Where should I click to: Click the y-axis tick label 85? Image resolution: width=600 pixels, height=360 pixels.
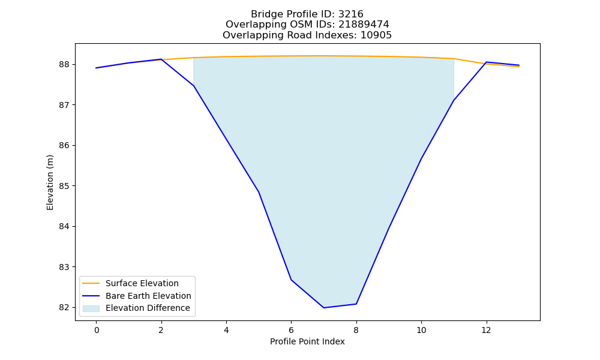[64, 186]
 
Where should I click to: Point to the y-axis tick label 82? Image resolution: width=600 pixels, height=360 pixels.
[64, 308]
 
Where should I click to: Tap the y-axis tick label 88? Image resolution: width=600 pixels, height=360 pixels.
[64, 64]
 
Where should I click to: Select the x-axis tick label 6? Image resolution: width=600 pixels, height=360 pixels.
[291, 330]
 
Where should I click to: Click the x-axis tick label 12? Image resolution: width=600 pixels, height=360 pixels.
[486, 330]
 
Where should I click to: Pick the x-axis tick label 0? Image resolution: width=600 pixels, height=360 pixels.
[97, 330]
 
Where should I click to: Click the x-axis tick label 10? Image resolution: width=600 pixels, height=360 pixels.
[421, 330]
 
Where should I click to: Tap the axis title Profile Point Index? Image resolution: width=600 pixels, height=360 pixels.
[307, 341]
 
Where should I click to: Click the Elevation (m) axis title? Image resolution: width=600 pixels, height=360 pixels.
[50, 182]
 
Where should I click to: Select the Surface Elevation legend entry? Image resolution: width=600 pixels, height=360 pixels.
[142, 283]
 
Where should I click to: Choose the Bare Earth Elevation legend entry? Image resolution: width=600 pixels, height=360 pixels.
[148, 296]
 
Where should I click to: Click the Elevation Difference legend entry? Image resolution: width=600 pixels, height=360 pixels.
[148, 308]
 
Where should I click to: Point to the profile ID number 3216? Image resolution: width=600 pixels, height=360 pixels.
[351, 14]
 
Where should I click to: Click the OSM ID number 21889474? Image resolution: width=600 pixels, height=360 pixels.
[364, 25]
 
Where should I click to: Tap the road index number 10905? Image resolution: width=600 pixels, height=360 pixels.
[376, 35]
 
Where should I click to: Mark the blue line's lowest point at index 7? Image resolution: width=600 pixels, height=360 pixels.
[324, 308]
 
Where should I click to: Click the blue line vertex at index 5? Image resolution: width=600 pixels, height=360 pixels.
[259, 192]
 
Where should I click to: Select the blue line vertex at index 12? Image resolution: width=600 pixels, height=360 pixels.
[486, 62]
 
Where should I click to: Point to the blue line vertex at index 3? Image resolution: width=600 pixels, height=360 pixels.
[194, 86]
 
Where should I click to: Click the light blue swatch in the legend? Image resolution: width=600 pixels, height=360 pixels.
[91, 308]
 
